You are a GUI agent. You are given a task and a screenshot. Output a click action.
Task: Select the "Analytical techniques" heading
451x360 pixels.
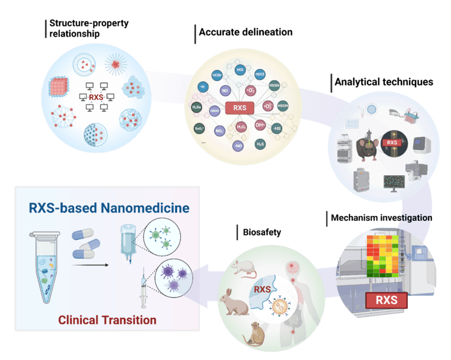click(x=383, y=82)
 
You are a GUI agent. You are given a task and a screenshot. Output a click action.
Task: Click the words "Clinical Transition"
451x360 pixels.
click(x=107, y=320)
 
